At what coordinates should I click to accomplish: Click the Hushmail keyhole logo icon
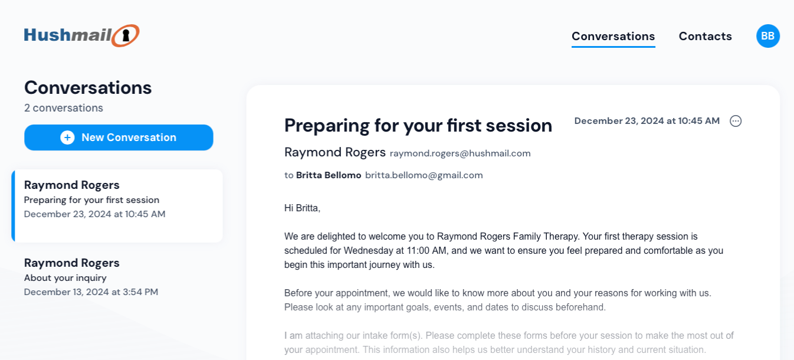126,35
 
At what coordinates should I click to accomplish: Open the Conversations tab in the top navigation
613,36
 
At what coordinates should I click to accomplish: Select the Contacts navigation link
706,36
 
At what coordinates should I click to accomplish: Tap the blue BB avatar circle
768,36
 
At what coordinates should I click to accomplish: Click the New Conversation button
119,138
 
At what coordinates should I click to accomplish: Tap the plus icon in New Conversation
67,138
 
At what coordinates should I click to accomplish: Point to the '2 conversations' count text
64,108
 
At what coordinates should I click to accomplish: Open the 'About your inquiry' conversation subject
65,278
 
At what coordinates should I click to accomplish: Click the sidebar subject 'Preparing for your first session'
91,199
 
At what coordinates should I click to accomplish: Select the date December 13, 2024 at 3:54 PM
91,292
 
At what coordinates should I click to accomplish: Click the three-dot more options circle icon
736,121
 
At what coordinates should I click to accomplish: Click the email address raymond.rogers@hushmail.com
460,153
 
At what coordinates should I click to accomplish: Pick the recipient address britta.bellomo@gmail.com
424,175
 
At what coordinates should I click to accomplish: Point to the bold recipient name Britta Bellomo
329,175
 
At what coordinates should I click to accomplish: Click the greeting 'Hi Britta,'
303,208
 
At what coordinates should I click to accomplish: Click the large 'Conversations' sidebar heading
88,87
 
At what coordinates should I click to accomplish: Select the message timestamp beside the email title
647,121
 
